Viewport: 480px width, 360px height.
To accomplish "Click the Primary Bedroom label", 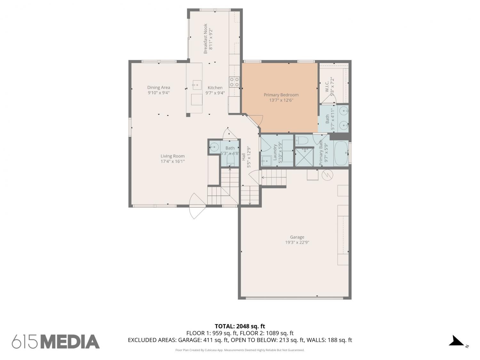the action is tap(281, 95).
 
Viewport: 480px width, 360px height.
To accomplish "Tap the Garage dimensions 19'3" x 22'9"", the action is tap(297, 243).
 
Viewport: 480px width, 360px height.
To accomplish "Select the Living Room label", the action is tap(172, 156).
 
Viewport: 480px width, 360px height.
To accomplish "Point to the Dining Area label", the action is tap(158, 87).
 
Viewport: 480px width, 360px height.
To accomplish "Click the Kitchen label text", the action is tap(215, 88).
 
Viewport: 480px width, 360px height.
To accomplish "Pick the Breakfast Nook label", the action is tap(205, 39).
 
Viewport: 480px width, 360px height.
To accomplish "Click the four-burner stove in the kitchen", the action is tap(234, 82).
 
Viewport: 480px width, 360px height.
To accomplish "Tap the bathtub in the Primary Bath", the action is tap(341, 153).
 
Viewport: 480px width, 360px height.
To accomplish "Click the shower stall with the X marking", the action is tap(304, 157).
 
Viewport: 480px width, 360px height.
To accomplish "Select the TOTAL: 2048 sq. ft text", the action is tap(240, 326).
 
